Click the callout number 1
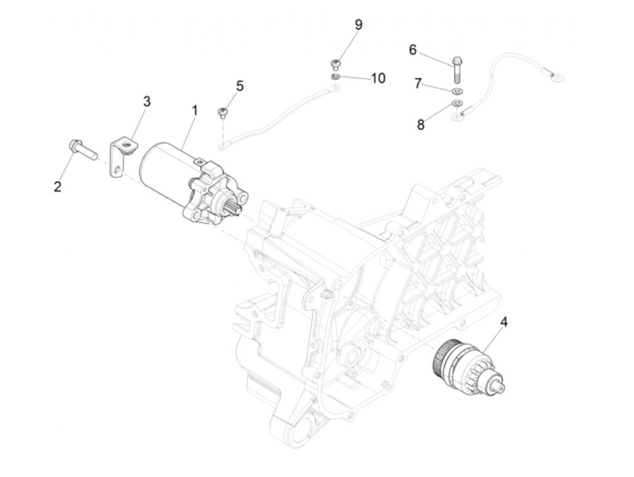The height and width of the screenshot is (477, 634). click(195, 110)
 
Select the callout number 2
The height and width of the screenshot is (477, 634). click(58, 186)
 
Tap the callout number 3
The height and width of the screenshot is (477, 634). click(147, 102)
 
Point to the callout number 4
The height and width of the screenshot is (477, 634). click(504, 322)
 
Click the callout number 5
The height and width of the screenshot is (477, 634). click(240, 85)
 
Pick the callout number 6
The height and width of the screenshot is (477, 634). click(413, 49)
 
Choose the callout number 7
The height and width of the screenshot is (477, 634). click(418, 83)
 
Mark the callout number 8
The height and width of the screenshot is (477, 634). click(421, 125)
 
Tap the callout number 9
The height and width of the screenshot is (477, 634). click(358, 24)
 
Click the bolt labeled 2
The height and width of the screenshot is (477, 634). click(84, 148)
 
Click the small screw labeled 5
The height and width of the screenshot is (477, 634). click(222, 112)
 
